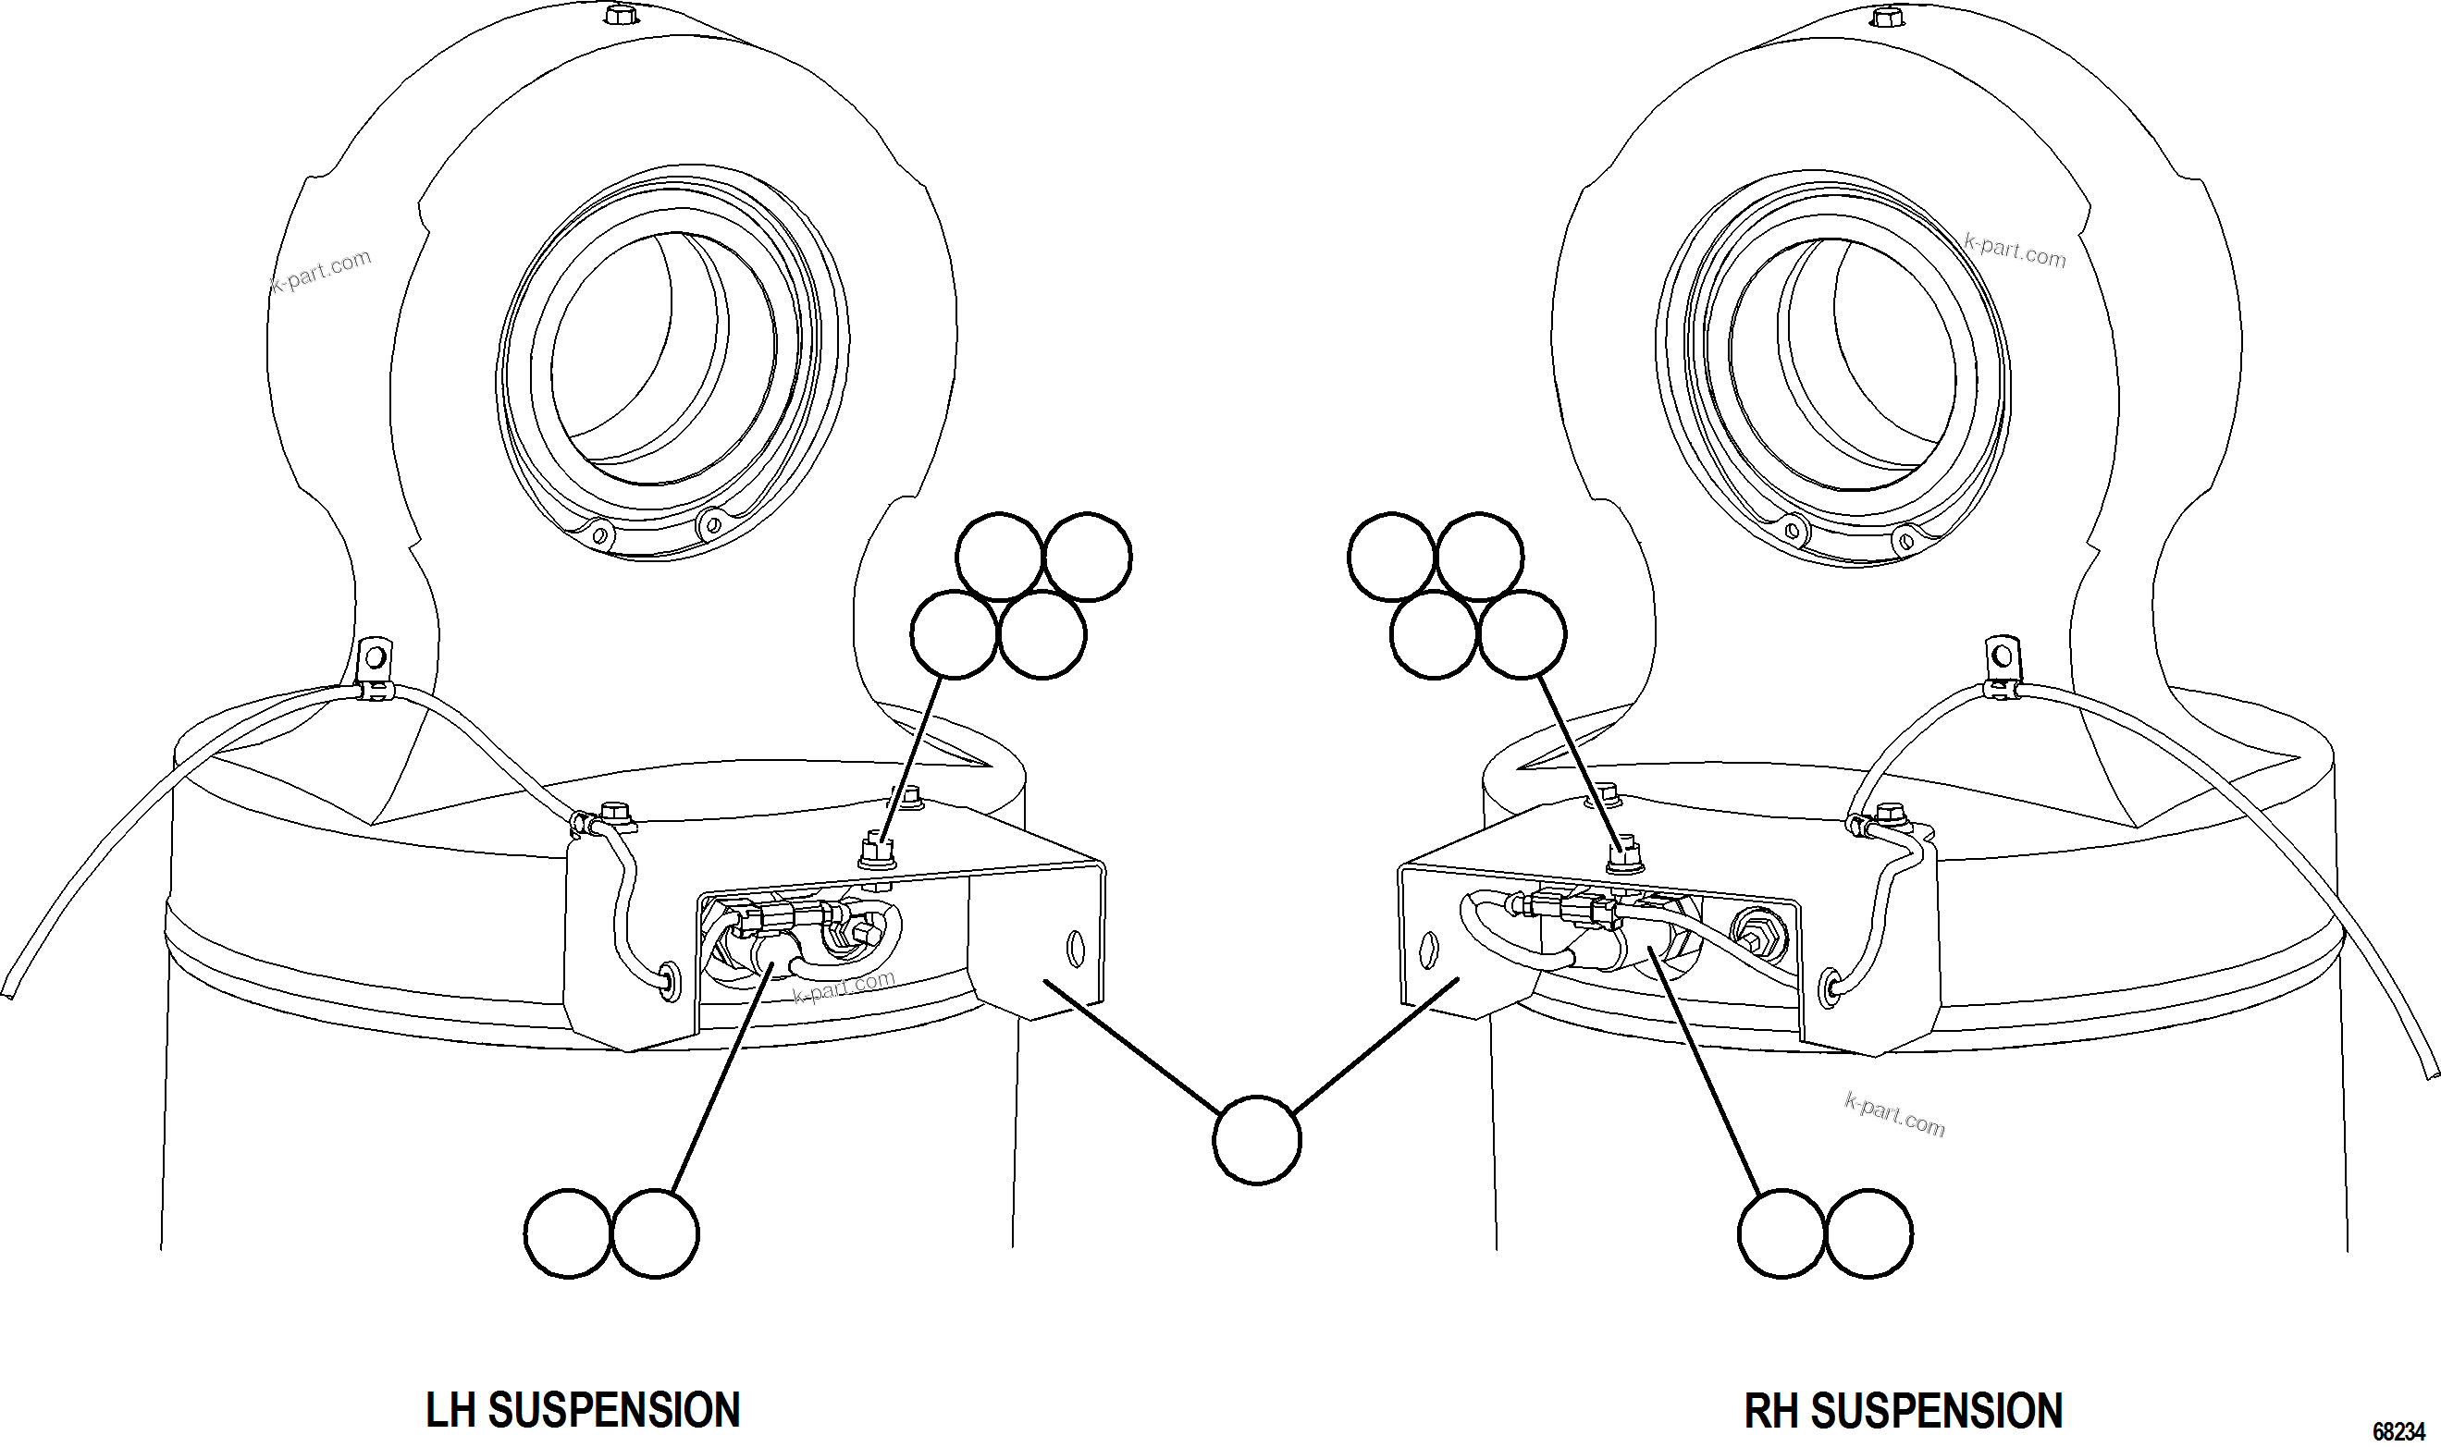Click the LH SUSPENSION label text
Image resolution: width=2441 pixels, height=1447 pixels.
coord(583,1410)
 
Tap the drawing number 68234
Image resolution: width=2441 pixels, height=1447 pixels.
coord(2398,1431)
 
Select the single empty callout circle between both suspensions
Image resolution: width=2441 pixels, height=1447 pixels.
coord(1256,1140)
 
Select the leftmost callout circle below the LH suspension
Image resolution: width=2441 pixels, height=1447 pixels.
coord(568,1233)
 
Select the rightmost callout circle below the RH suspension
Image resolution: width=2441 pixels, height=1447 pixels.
coord(1868,1233)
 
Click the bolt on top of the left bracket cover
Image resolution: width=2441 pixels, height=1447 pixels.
coord(875,851)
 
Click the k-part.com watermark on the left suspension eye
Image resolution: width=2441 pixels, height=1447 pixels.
coord(322,271)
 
